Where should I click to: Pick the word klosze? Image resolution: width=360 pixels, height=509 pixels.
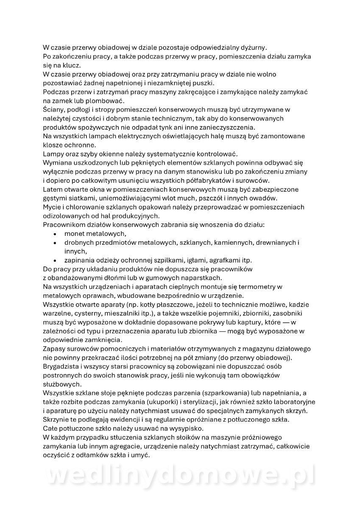[x=53, y=145]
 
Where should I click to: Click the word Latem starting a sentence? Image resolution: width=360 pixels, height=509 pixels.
[x=53, y=189]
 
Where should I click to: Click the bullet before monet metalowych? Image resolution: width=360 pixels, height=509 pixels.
[x=55, y=233]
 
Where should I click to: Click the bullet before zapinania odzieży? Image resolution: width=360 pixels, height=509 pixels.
[x=55, y=260]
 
